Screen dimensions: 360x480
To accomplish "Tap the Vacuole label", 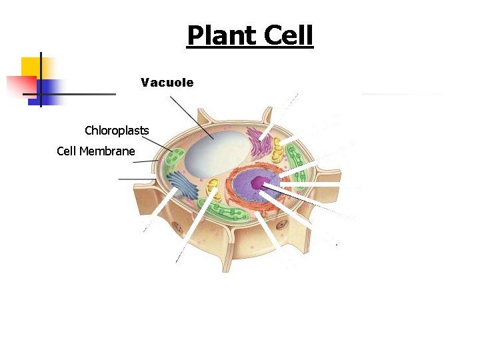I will tap(167, 83).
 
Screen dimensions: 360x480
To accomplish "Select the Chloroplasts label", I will tap(117, 129).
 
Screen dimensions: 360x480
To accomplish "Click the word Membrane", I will tap(107, 151).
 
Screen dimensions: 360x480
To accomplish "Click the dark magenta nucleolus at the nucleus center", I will tap(259, 182).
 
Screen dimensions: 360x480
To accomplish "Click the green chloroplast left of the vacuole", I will tap(175, 160).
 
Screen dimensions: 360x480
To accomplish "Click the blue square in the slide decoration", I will tap(50, 89).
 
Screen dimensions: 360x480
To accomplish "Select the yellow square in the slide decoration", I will tap(31, 67).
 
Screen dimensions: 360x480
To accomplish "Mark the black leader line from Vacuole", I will tap(192, 118).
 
